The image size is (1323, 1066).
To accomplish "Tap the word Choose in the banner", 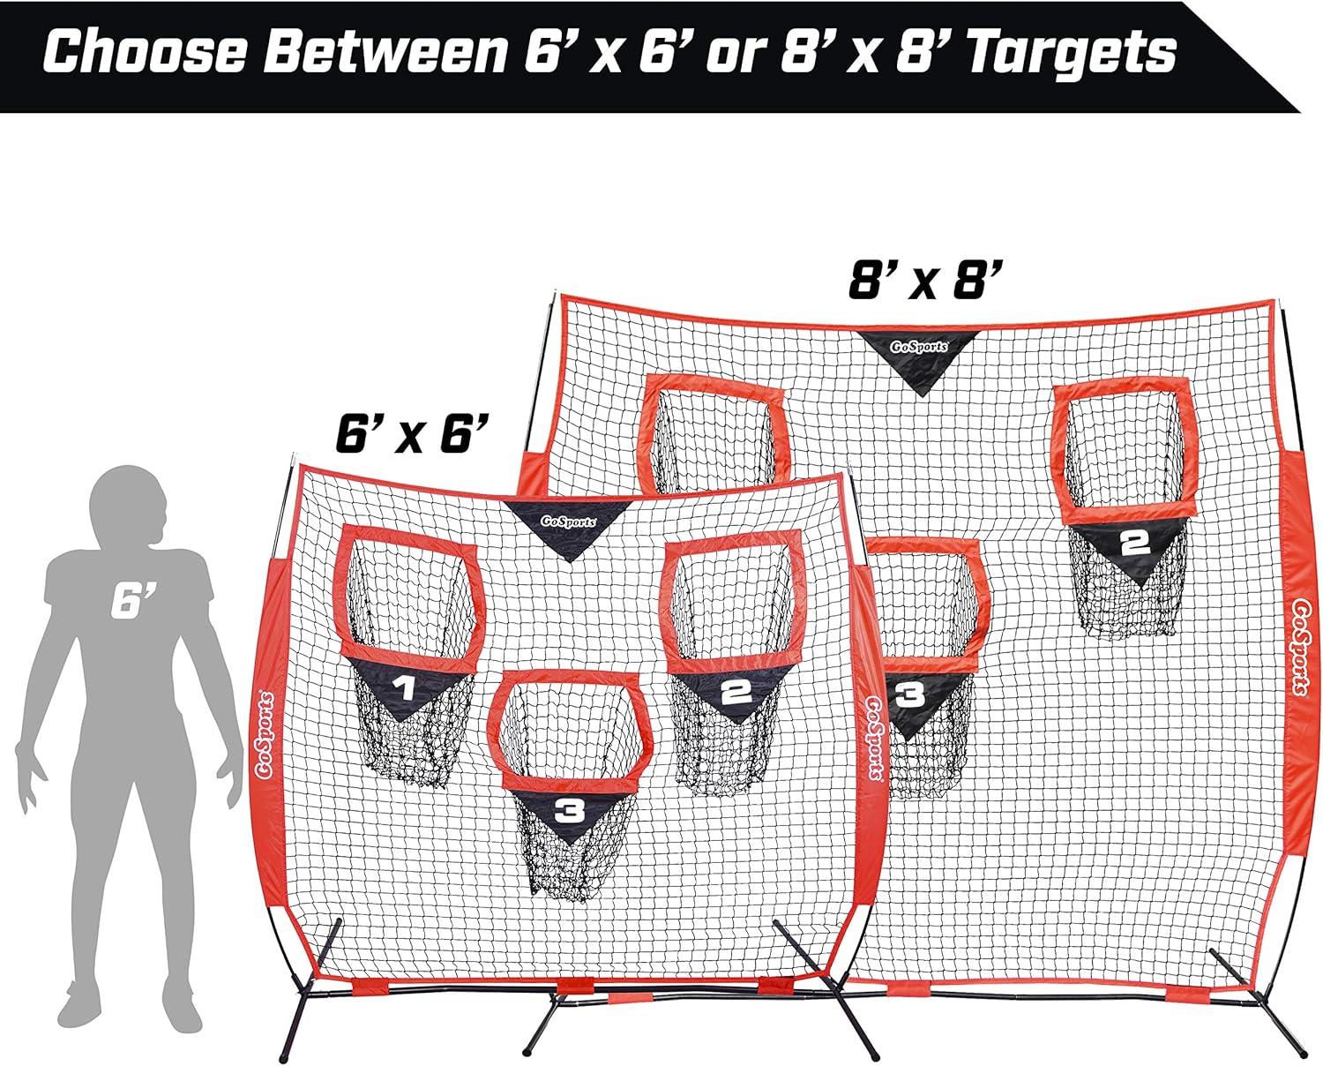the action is (x=146, y=51).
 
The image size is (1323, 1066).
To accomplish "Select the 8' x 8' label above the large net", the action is (x=925, y=280).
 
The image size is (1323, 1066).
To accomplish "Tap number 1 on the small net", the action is (x=405, y=688).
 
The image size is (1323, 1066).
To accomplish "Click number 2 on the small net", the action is (x=736, y=691).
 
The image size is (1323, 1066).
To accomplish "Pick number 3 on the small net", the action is (x=569, y=811).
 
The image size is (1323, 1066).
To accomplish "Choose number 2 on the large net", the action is (x=1134, y=543).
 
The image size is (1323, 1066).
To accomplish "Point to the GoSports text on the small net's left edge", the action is (x=265, y=735).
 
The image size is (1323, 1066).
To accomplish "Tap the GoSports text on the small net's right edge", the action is (x=875, y=737).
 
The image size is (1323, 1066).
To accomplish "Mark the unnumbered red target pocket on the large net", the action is (x=714, y=436).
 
